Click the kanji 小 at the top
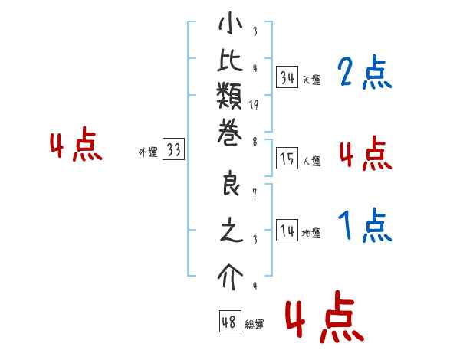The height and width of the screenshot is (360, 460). tap(230, 24)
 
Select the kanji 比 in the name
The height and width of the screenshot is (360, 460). tap(230, 61)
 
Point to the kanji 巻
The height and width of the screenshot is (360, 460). tap(230, 133)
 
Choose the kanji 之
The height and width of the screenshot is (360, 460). tap(232, 230)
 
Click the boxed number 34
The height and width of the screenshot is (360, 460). tap(287, 77)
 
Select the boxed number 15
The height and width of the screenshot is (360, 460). tap(287, 158)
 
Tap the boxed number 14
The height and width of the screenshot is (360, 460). tap(287, 230)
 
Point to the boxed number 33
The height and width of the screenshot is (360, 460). tap(174, 149)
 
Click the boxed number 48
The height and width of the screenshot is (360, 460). tap(230, 321)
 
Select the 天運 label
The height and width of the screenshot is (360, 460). tap(311, 80)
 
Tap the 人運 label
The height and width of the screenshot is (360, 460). tap(311, 161)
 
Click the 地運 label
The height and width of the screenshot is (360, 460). tap(311, 234)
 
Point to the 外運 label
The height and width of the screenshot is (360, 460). tap(148, 152)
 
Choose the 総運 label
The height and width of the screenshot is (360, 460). tap(255, 324)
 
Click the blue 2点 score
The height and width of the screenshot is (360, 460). tap(365, 72)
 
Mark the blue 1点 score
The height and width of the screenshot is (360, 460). tap(365, 225)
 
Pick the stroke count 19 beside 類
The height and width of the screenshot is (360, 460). tap(254, 105)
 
